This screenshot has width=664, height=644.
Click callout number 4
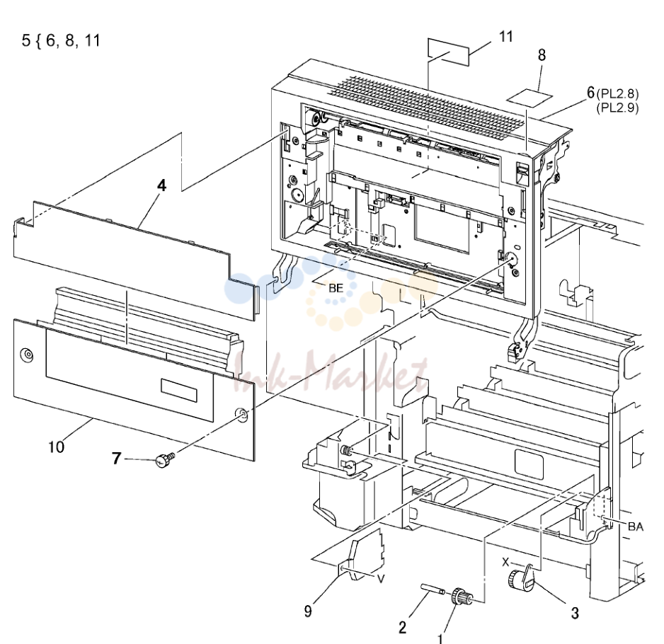pos(162,185)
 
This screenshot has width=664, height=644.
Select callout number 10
pos(56,447)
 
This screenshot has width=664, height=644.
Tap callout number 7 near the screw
pos(117,458)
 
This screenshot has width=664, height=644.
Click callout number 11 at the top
pos(506,36)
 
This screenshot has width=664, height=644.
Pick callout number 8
pos(542,55)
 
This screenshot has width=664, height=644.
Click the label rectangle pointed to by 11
pos(449,52)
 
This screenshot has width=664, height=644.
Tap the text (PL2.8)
pos(617,93)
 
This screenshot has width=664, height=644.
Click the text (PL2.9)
pos(617,108)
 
